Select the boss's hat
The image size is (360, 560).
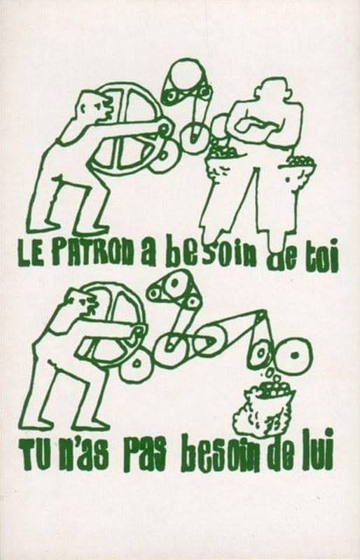270,88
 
